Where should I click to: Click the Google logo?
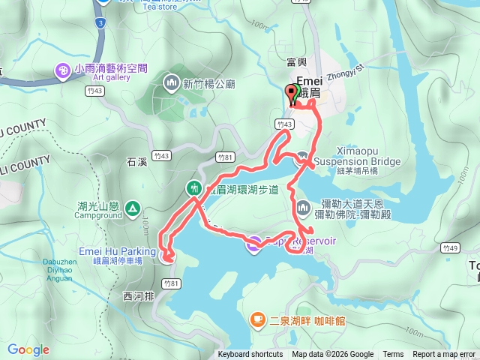[x=28, y=349]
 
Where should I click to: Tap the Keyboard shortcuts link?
[x=250, y=355]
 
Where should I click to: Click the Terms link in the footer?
[x=393, y=355]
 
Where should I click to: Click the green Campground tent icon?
[x=132, y=207]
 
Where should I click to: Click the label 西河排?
[x=136, y=296]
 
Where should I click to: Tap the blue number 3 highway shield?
[x=100, y=23]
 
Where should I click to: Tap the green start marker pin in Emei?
[x=295, y=93]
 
